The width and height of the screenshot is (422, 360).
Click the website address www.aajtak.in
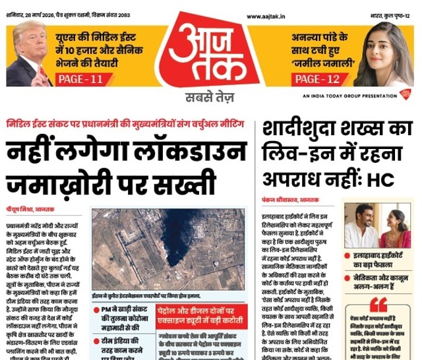point(268,16)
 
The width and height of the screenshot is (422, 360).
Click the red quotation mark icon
point(378,305)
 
